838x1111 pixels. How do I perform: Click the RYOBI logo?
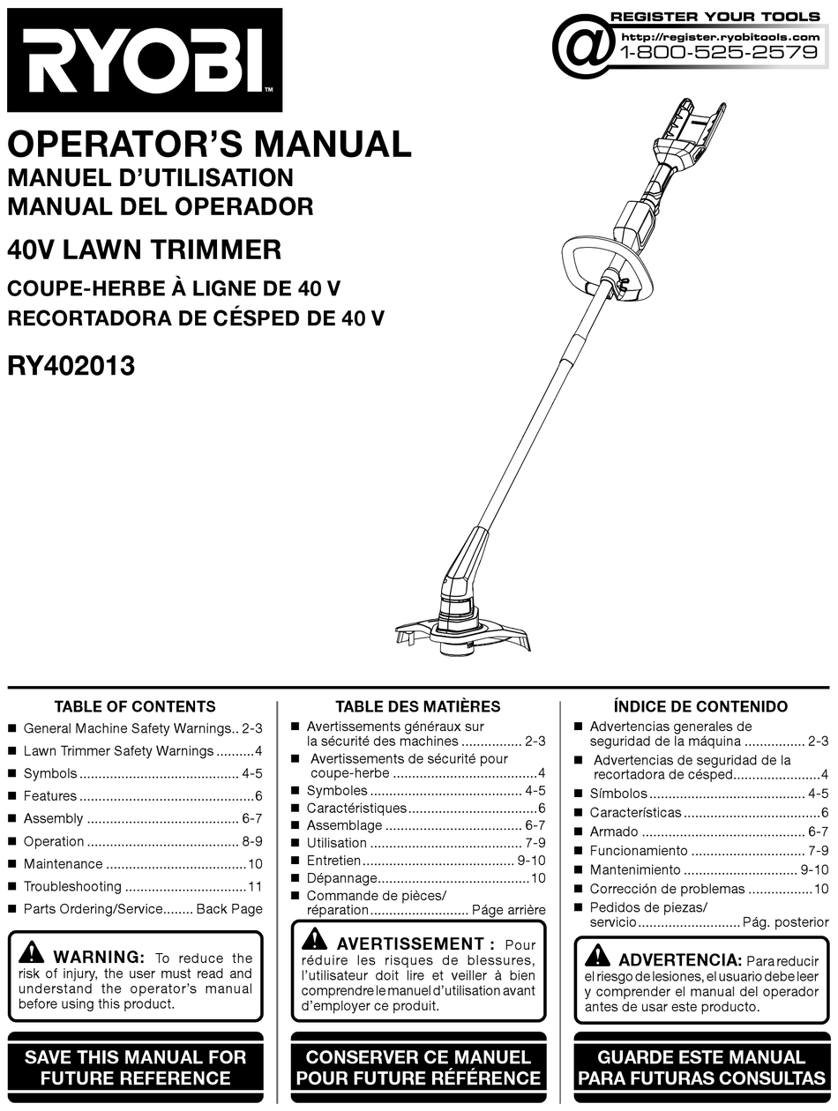[144, 60]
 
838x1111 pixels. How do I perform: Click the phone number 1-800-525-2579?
[719, 52]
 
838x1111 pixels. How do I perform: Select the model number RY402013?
[71, 366]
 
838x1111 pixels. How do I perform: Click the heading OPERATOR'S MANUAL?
[209, 144]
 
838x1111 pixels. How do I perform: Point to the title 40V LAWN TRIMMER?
[144, 250]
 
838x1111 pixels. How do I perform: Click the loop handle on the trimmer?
[587, 265]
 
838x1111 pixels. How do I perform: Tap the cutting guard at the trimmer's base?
[463, 633]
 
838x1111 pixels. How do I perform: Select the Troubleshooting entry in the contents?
[72, 886]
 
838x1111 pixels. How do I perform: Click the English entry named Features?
[50, 796]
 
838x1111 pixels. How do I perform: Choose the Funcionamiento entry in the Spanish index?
[639, 851]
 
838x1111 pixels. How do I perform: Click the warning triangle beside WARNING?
[32, 954]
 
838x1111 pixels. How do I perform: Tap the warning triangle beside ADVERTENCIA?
[596, 956]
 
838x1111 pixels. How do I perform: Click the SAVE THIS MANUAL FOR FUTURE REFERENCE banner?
[135, 1067]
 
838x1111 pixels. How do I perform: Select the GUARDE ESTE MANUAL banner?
[701, 1067]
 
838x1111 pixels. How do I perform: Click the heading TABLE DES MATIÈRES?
[417, 706]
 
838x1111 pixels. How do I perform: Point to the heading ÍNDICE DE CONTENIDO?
[700, 706]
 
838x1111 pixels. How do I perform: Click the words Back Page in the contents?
[229, 909]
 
